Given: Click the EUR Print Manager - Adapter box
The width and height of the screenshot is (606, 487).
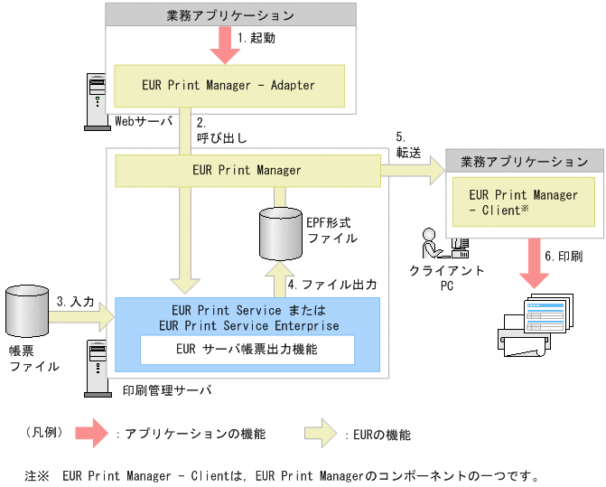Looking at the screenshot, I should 228,85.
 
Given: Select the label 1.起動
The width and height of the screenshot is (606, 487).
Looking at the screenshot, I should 256,40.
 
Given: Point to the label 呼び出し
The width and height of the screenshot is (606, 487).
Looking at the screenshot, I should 222,138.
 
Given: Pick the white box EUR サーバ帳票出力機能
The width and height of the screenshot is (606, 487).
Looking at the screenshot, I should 247,349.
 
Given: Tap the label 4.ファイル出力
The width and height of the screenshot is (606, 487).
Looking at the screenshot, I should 331,283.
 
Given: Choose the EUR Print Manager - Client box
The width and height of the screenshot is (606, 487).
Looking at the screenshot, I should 524,202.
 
